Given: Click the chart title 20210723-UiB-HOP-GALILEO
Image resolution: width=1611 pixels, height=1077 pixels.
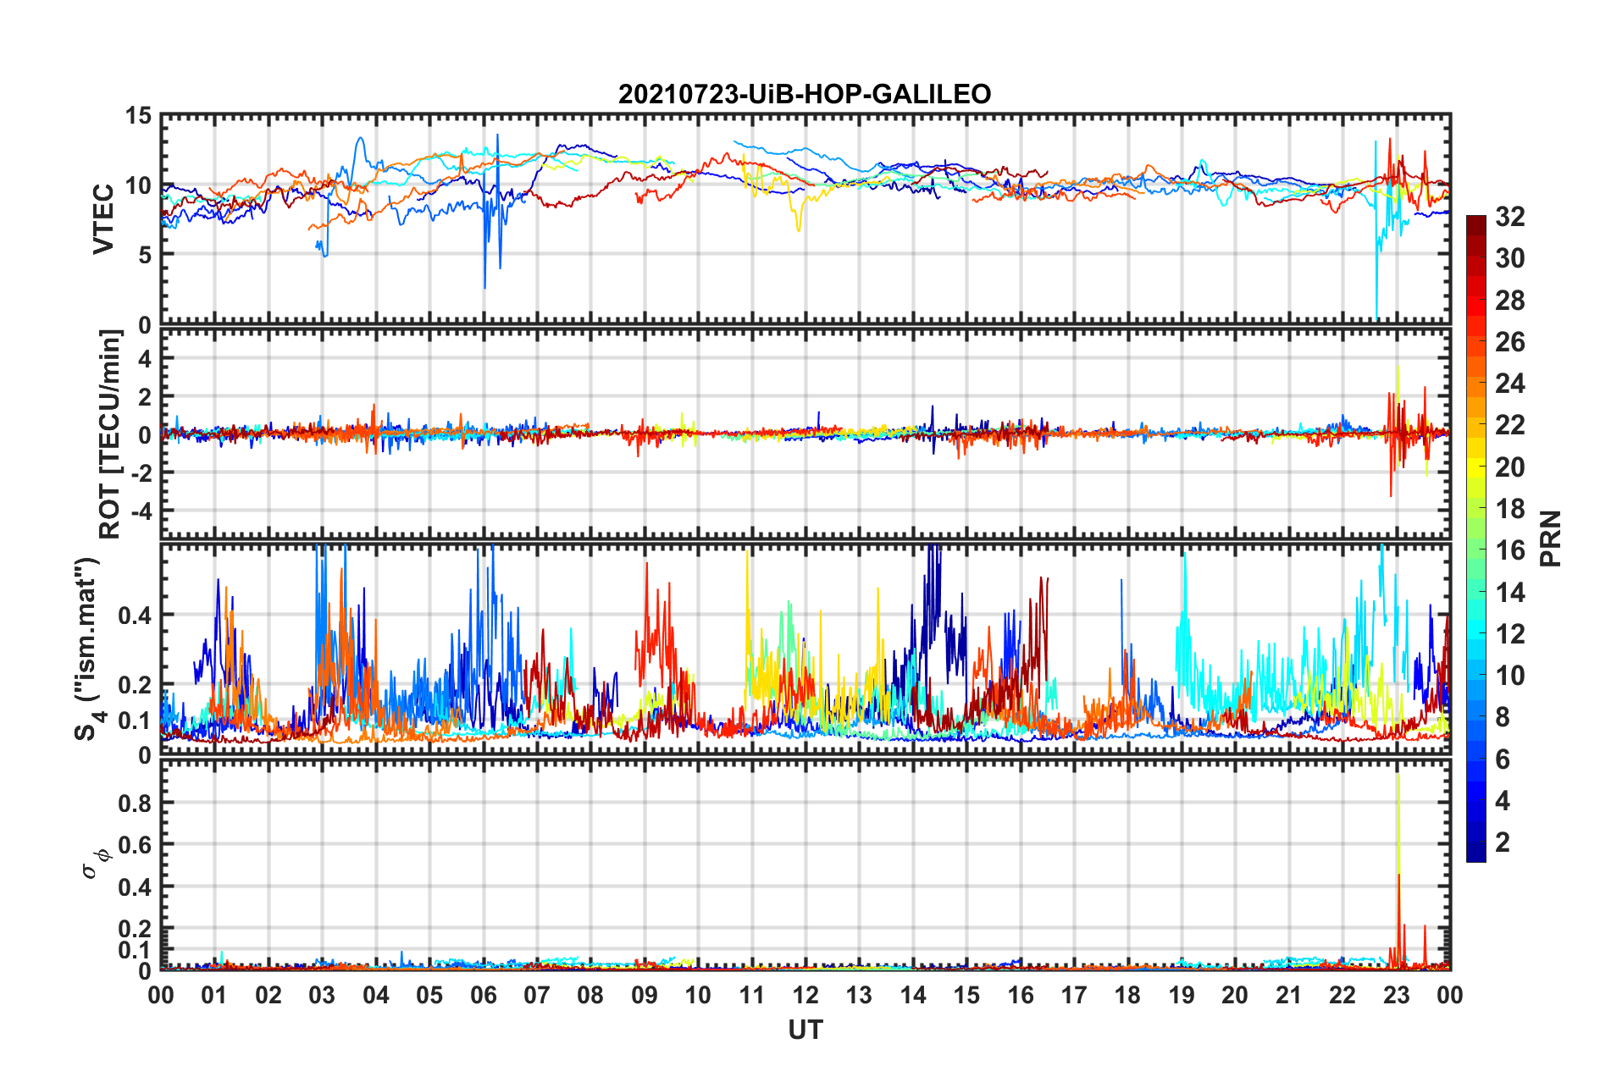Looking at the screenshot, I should click(x=805, y=94).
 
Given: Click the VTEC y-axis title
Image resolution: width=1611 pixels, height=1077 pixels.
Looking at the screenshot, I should click(x=103, y=219).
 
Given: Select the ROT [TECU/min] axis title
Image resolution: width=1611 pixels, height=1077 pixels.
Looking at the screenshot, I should click(x=110, y=434).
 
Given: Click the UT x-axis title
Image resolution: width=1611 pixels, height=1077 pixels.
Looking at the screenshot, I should click(x=805, y=1030).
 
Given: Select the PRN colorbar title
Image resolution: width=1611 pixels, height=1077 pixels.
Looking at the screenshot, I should click(x=1550, y=538).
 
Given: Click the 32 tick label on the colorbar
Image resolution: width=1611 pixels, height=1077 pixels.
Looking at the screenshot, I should click(x=1509, y=218).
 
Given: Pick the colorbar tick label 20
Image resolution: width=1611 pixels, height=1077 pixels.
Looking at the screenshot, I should click(x=1509, y=467).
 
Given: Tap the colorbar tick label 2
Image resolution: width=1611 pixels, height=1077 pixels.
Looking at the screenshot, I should click(x=1503, y=842).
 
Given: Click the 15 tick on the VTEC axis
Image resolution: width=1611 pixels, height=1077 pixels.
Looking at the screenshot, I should click(x=138, y=116).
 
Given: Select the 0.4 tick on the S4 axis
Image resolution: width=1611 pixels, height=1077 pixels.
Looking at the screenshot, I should click(x=134, y=616).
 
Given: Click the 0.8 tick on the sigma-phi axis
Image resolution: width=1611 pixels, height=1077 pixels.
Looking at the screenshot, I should click(x=134, y=804).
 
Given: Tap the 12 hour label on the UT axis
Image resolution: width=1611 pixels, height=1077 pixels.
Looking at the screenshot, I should click(x=805, y=996).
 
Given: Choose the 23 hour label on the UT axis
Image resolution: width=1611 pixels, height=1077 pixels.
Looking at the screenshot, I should click(x=1396, y=996).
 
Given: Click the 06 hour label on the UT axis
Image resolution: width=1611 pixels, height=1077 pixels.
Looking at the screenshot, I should click(x=483, y=996).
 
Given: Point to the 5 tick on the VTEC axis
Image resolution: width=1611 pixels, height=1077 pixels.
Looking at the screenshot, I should click(x=144, y=255).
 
